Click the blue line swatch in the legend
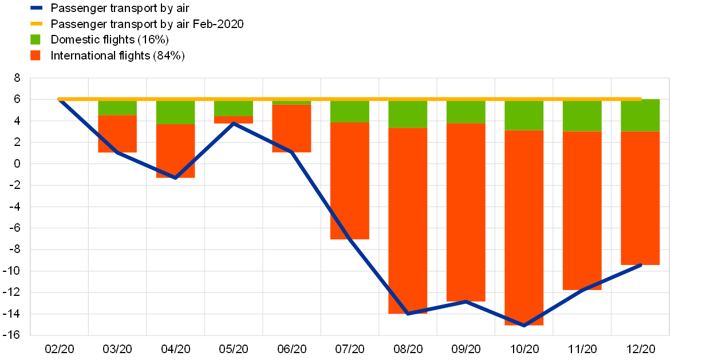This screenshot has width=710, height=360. pos(36,8)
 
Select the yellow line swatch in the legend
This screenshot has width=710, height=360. pos(36,24)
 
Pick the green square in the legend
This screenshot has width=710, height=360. pos(35,39)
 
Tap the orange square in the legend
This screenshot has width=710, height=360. pos(35,56)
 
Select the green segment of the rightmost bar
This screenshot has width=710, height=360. pos(640,115)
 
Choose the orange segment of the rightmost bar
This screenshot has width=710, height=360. pos(640,198)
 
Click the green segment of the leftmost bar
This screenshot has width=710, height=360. pos(117,107)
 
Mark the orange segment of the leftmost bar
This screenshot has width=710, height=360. pos(117,134)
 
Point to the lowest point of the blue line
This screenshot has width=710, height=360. pos(524,326)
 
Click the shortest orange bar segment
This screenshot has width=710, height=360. pos(233,120)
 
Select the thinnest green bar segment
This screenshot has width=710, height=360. pos(291,102)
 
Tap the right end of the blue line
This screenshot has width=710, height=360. pos(641,265)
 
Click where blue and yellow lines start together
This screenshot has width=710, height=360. pos(60,99)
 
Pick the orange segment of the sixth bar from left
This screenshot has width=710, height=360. pos(408,220)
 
